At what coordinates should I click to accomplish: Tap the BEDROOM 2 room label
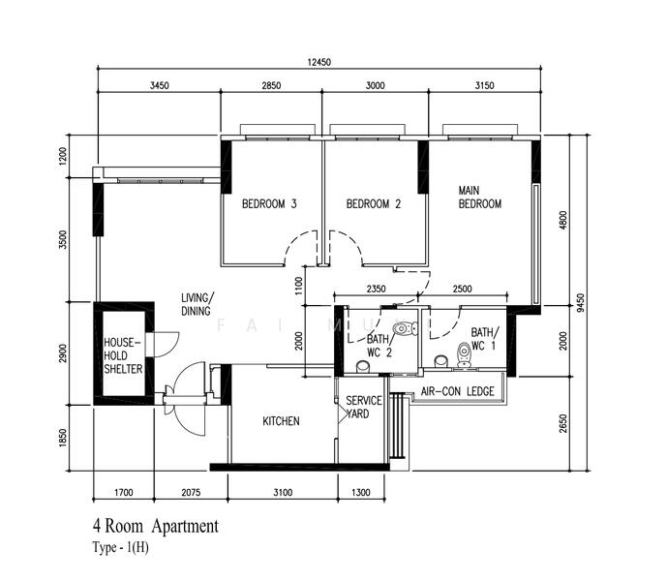[x=373, y=204]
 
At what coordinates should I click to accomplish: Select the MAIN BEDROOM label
[x=479, y=198]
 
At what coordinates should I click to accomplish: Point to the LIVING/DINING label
[x=198, y=304]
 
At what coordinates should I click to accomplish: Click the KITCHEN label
[x=281, y=421]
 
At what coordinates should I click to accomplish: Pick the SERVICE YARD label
[x=363, y=407]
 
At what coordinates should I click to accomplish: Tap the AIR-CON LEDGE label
[x=458, y=391]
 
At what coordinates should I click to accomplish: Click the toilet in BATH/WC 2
[x=403, y=326]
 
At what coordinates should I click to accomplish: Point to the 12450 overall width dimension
[x=319, y=62]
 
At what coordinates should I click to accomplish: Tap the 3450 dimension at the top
[x=160, y=86]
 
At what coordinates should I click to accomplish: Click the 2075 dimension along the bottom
[x=190, y=493]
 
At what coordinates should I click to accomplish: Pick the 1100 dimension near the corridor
[x=300, y=284]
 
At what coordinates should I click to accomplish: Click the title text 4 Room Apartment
[x=155, y=527]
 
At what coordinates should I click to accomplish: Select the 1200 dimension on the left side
[x=62, y=156]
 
